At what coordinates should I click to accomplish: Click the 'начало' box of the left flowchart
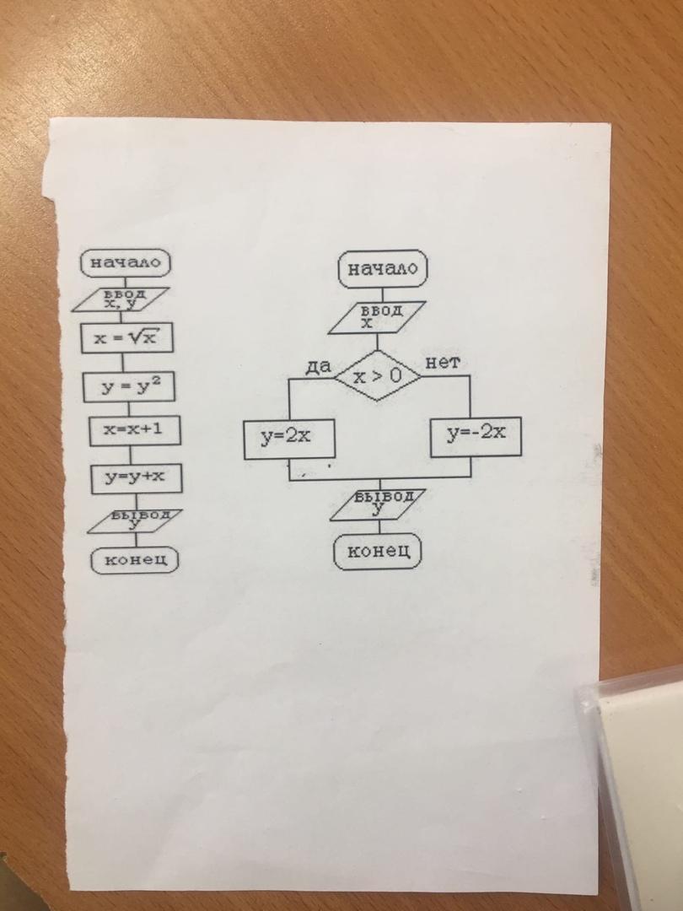pos(125,262)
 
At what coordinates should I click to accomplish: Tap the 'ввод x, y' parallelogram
pos(125,299)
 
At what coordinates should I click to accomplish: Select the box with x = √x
pos(126,338)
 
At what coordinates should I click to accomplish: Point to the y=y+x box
pos(136,477)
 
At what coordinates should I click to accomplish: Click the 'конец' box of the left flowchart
pos(136,558)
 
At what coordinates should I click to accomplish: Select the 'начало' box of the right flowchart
pos(382,270)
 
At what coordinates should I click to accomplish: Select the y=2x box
pos(286,438)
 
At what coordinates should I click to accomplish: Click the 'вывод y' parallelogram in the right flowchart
pos(378,503)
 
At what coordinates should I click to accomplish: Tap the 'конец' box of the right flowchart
pos(378,552)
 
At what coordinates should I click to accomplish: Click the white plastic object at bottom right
pos(637,776)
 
